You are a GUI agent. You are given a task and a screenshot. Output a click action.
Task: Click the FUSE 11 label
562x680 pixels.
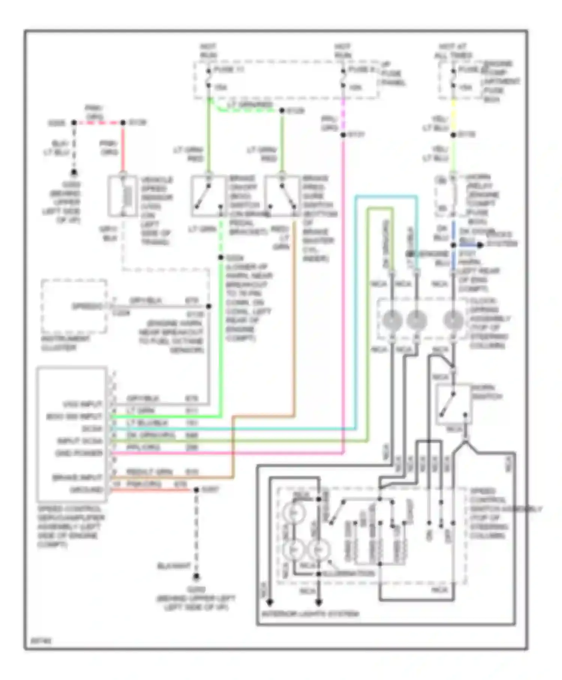[x=228, y=70]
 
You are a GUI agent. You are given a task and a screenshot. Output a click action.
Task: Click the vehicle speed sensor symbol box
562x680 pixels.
[x=123, y=196]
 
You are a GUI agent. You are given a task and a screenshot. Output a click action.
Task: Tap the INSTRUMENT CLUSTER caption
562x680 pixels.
[x=65, y=343]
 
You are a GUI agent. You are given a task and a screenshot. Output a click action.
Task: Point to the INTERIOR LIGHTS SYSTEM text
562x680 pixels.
[x=310, y=614]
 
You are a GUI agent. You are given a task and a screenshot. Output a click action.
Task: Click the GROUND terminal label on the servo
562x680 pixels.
[x=86, y=490]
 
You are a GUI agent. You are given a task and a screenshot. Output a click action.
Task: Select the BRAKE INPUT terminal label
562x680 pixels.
[x=77, y=478]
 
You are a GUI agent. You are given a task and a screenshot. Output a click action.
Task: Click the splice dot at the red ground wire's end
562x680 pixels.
[x=196, y=490]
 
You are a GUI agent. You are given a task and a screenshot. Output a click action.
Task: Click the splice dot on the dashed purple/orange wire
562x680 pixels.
[x=343, y=135]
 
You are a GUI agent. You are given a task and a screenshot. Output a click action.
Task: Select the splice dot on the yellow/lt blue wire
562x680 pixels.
[x=453, y=135]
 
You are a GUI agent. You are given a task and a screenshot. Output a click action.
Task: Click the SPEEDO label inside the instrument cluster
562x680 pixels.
[x=87, y=306]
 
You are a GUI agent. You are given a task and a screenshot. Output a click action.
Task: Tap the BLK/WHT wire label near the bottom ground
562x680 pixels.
[x=173, y=566]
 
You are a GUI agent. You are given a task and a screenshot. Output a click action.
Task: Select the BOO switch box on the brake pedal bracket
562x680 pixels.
[x=209, y=196]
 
